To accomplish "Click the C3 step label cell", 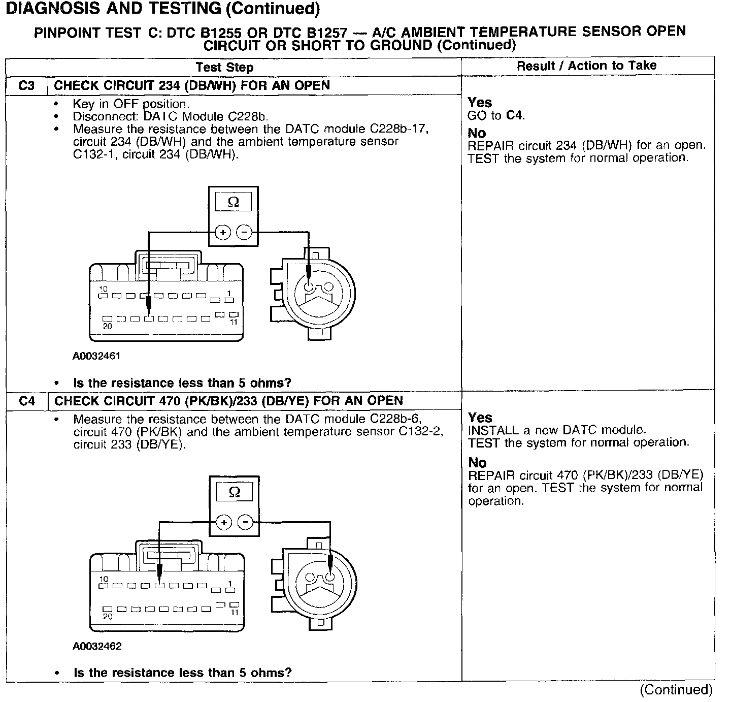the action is [x=26, y=85].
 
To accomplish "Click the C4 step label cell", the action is [x=27, y=401].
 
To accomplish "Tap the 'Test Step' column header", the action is [x=224, y=67].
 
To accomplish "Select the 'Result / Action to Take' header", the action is [x=586, y=66].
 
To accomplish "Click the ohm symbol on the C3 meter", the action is [x=233, y=203].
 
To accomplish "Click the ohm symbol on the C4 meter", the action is [x=234, y=492].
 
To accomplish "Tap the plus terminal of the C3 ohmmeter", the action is [x=222, y=233].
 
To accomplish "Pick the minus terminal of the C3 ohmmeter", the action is [x=245, y=233].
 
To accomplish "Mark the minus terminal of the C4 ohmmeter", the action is [x=246, y=522].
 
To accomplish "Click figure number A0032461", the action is [x=96, y=356].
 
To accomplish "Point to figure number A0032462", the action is [x=97, y=646].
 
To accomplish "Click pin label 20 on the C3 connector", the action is [x=107, y=326].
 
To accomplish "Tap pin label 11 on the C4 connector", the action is [x=234, y=612].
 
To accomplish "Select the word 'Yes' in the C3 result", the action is [x=480, y=103].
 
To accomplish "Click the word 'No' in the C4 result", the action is [x=477, y=463].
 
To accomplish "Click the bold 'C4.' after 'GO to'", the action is [x=516, y=115].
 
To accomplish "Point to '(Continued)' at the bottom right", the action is [x=676, y=689].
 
